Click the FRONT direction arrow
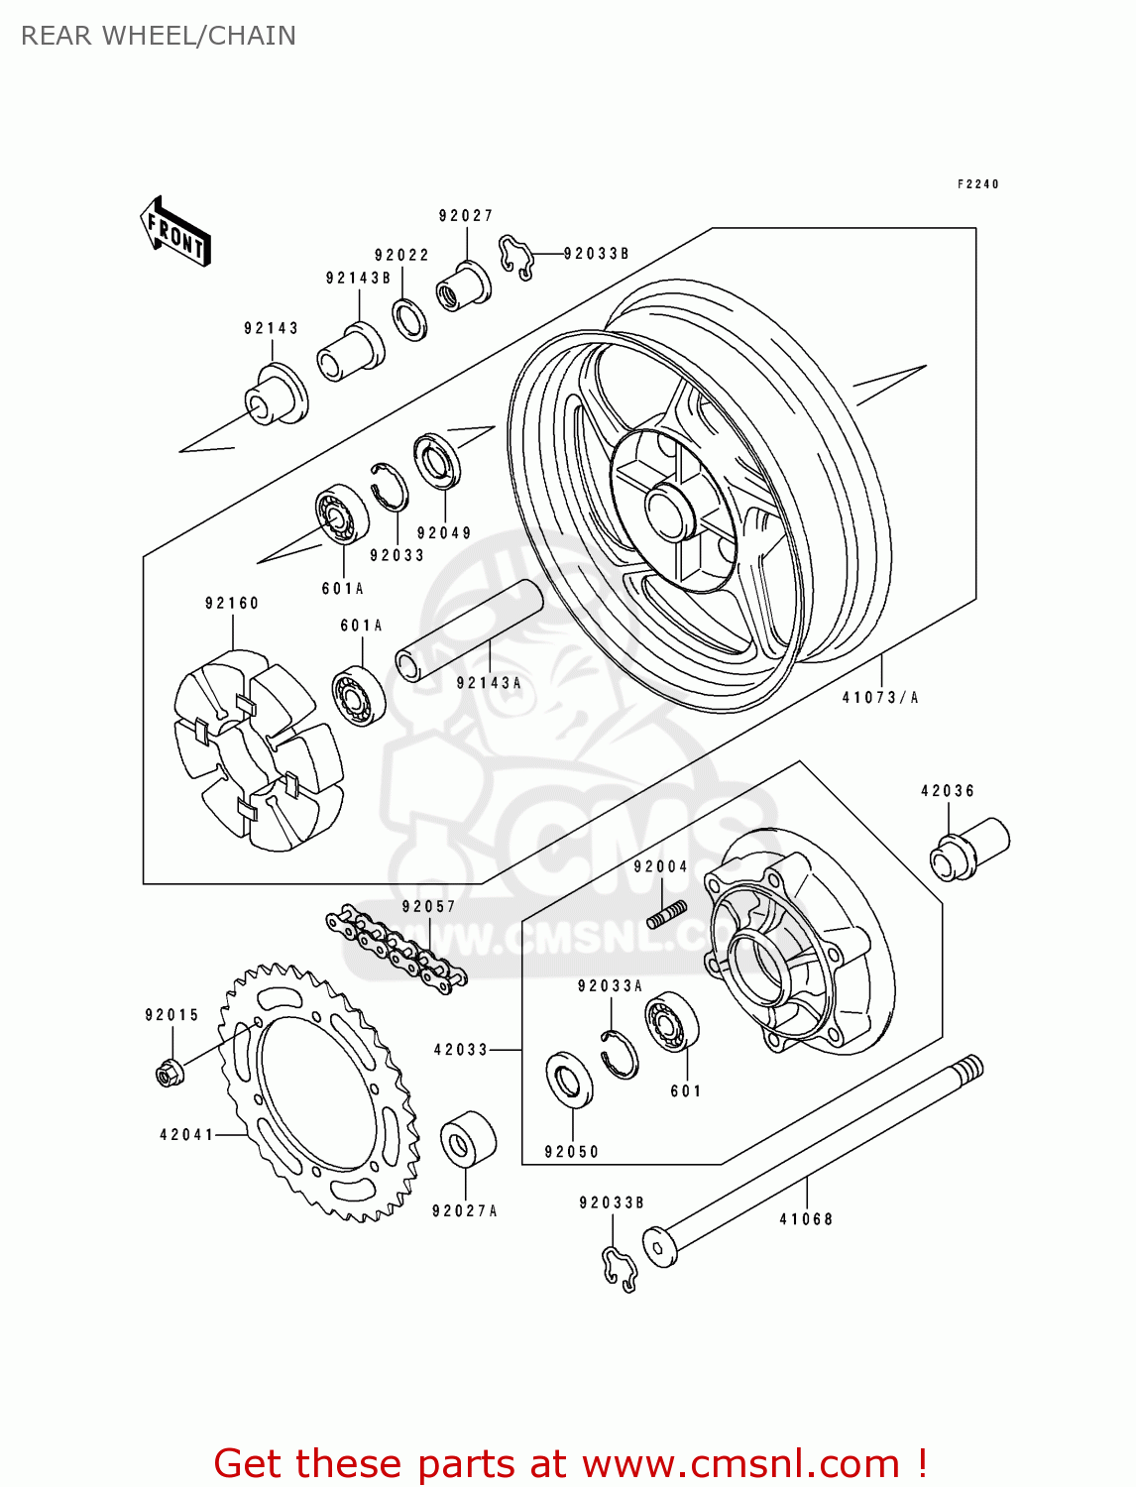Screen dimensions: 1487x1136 coord(175,232)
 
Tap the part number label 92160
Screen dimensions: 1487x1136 coord(232,603)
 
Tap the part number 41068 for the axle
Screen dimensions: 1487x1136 coord(806,1219)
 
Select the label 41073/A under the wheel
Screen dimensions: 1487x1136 coord(880,698)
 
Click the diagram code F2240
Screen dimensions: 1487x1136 coord(977,184)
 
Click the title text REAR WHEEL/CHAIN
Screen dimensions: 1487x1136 coord(159,36)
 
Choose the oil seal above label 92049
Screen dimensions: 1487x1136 coord(437,461)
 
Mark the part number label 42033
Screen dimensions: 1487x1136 coord(461,1049)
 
